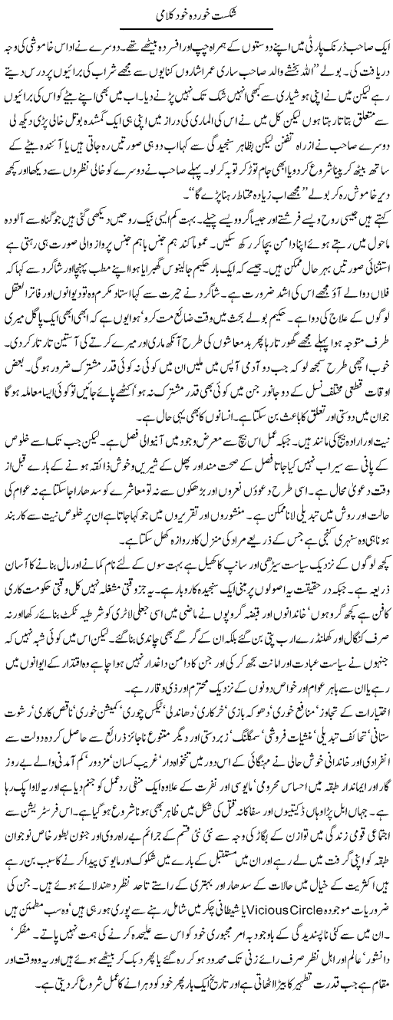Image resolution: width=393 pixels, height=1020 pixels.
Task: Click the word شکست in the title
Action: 231,14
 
